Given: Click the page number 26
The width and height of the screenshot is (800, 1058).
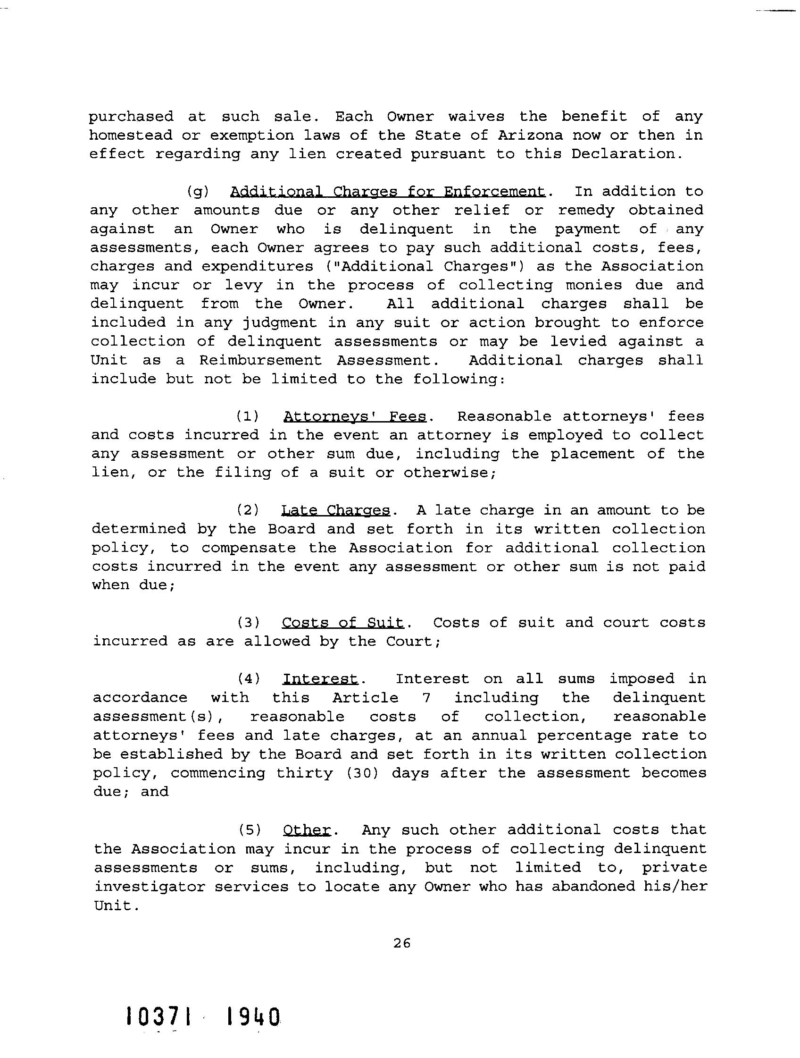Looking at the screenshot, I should tap(401, 943).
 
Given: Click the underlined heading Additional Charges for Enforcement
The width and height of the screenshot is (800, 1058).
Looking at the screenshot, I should tap(387, 191).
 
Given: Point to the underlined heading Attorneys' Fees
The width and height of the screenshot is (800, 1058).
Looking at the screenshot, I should tap(354, 416).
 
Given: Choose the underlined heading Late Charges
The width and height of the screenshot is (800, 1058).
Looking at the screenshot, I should tap(335, 510).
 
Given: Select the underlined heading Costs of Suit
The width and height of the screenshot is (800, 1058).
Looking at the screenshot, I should tap(342, 622).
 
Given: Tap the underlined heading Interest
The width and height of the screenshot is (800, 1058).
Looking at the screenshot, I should tap(320, 679).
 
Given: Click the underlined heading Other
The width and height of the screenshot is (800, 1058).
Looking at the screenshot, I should tap(307, 829).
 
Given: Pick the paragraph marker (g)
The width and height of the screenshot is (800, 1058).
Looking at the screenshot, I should tap(198, 191).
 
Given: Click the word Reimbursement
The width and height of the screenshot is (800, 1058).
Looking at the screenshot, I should tap(260, 360).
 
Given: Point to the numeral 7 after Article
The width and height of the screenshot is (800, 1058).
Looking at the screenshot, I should tap(426, 698).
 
